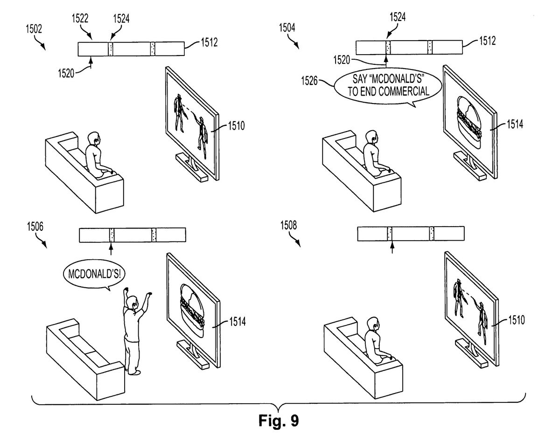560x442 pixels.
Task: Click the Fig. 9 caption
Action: click(279, 421)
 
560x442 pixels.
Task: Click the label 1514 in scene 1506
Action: click(238, 321)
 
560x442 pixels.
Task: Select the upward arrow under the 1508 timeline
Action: click(391, 247)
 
